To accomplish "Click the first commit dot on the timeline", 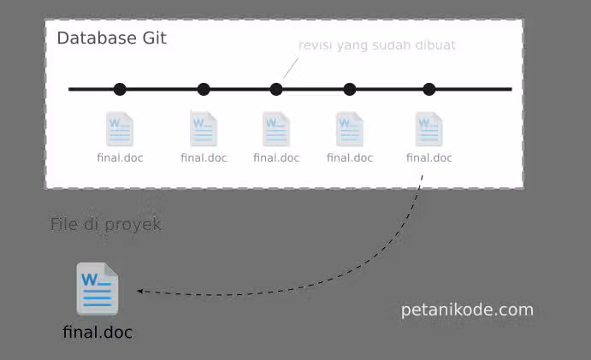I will [x=120, y=89].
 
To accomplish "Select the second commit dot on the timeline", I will [x=204, y=89].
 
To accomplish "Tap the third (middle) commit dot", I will [x=276, y=89].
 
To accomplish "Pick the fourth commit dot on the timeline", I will [x=350, y=89].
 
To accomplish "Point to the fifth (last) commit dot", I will [x=429, y=89].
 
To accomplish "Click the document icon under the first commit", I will [x=120, y=129].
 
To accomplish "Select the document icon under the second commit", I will [x=204, y=129].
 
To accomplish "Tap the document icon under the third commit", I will [x=276, y=129].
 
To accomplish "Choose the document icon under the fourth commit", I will [x=350, y=129].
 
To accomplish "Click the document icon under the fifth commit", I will [x=429, y=129].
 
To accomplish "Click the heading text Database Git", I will [x=111, y=38].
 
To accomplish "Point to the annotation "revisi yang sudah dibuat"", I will [x=376, y=45].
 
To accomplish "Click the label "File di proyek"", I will [x=106, y=225].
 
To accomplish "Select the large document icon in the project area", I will [x=98, y=290].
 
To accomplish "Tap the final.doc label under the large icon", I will [x=98, y=333].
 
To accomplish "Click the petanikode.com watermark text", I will [x=467, y=310].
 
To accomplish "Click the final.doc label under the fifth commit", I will [x=429, y=157].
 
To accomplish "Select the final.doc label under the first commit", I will [x=120, y=157].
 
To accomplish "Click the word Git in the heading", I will [x=155, y=38].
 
